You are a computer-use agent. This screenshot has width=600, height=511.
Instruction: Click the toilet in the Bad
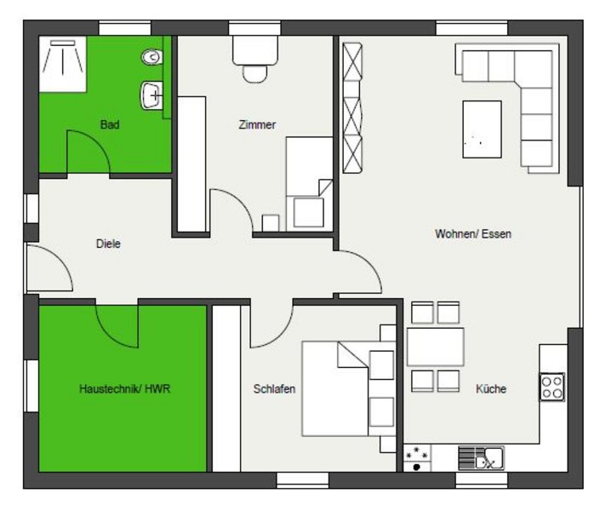point(151,57)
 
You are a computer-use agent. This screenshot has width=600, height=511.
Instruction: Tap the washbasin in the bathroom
point(151,95)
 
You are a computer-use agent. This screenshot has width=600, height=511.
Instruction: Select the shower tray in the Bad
point(63,64)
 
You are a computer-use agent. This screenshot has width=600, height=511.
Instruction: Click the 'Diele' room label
point(108,244)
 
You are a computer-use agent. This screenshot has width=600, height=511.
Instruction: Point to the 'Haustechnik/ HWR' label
point(125,389)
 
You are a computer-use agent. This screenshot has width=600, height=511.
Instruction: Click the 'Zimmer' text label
point(257,124)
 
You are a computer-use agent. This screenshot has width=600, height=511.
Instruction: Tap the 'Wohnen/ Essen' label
point(473,233)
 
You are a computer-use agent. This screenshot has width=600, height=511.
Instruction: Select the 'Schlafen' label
point(274,389)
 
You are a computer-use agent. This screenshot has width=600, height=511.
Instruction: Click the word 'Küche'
point(491,389)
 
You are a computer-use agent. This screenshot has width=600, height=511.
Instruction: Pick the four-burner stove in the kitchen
point(552,387)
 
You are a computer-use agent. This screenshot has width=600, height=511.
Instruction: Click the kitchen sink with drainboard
point(482,458)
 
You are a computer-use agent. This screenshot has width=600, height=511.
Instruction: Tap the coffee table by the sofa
point(483,129)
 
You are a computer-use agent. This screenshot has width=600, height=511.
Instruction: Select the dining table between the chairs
point(436,347)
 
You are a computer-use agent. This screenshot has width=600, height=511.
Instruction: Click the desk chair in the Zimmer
point(254,74)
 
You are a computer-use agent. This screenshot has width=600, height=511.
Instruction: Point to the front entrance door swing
point(49,267)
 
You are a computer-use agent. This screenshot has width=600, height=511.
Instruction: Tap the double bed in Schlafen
point(348,389)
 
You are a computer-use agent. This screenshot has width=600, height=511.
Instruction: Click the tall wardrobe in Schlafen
point(226,388)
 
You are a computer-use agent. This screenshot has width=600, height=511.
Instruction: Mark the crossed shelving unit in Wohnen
point(352,108)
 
